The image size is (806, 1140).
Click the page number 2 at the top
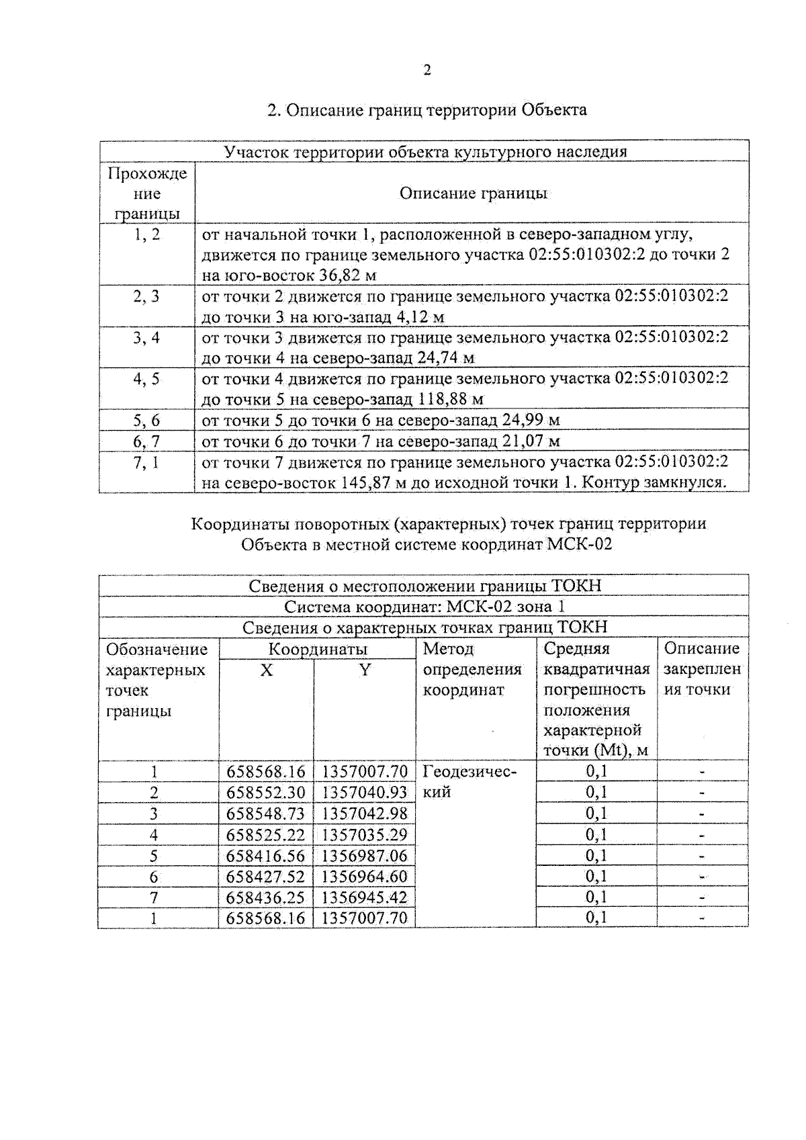click(427, 71)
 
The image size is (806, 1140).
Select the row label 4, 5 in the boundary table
click(146, 379)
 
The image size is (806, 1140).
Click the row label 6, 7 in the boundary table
click(146, 441)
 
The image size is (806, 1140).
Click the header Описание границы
click(473, 193)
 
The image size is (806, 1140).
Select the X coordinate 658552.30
click(265, 793)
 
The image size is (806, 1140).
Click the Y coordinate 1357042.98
click(364, 814)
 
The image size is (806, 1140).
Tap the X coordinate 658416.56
click(265, 856)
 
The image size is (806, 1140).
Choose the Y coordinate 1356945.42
click(364, 897)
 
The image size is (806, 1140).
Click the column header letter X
click(266, 670)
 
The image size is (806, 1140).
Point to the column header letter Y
click(364, 670)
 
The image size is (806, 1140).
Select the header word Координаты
click(318, 649)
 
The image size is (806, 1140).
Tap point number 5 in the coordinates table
click(154, 856)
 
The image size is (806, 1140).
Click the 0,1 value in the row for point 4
click(596, 835)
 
